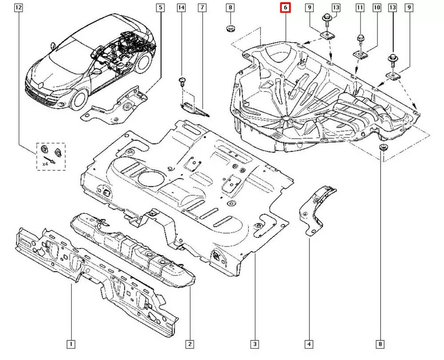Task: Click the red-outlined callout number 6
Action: point(285,8)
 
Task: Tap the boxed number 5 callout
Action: point(160,8)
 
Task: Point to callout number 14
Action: point(181,8)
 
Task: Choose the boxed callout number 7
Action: point(202,8)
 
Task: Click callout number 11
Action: point(360,8)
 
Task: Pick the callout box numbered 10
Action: point(377,8)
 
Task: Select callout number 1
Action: point(71,344)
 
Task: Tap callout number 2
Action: point(190,344)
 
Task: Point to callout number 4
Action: point(309,344)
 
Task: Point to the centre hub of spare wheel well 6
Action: point(285,118)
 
